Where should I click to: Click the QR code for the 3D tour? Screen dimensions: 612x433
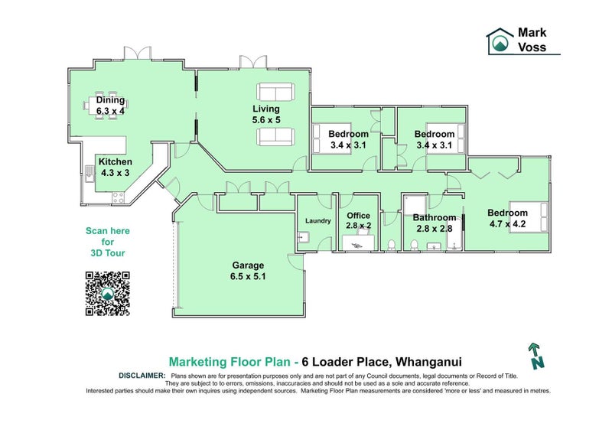[107, 294]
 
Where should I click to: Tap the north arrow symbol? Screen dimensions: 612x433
[536, 356]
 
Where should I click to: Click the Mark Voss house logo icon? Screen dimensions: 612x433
[500, 41]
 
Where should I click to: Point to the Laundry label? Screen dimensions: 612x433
[317, 221]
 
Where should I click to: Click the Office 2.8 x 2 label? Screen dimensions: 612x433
[358, 220]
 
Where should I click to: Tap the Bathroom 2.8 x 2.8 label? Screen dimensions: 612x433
[434, 223]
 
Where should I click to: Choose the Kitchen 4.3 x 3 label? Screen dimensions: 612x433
[116, 167]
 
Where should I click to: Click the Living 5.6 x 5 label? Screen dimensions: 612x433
[266, 115]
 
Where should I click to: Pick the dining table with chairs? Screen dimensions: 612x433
[106, 106]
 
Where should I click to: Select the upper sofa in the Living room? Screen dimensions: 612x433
[275, 92]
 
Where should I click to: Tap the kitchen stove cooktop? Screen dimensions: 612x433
[118, 198]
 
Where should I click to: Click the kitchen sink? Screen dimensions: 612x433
[90, 174]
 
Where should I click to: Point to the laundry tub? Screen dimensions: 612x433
[303, 237]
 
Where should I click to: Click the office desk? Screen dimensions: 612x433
[358, 243]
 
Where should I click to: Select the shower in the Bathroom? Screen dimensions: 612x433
[415, 205]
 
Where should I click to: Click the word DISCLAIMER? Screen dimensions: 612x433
[142, 376]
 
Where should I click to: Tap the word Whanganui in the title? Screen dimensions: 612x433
[428, 362]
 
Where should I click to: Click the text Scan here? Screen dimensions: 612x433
[108, 231]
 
